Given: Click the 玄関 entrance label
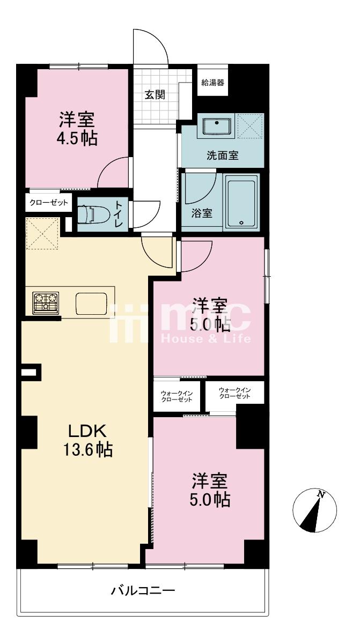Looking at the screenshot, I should tap(155, 94).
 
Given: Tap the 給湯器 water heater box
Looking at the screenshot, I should tap(212, 83).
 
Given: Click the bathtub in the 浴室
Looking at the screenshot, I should tap(241, 202).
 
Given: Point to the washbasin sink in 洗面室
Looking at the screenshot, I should tap(217, 127).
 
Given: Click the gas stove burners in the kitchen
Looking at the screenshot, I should tap(47, 302).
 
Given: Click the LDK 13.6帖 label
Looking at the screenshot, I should tap(89, 440).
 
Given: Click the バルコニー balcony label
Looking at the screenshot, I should tap(143, 591).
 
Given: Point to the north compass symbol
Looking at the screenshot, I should tap(314, 511).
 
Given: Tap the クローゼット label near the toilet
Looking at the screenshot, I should tap(48, 203).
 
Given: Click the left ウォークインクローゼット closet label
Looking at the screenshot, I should tap(177, 397).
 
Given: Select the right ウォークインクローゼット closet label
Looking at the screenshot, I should tap(235, 393).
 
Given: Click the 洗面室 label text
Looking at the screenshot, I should tap(223, 156).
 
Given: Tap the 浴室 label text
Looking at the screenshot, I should tap(202, 213).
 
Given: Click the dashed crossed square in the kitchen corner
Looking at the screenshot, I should tap(42, 233).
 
